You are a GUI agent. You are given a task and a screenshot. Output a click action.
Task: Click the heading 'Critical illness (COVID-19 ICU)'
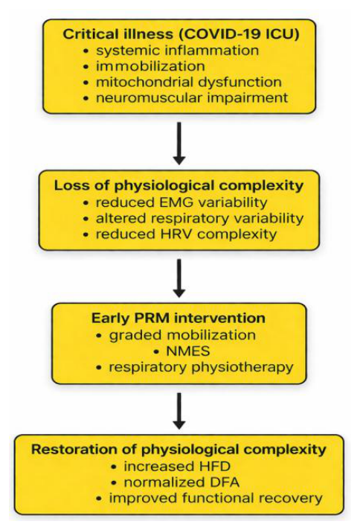point(181,34)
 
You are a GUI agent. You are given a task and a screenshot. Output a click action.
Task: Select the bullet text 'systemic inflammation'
point(177,51)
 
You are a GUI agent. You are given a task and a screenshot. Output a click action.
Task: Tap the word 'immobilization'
point(150,66)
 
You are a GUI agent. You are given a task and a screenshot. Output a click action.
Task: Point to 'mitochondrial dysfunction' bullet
point(188,82)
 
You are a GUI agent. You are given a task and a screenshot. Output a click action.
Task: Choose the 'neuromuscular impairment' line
point(192,98)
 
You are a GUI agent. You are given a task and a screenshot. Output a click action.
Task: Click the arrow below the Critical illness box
point(179,144)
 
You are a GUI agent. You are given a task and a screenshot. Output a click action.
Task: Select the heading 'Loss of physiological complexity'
point(179,185)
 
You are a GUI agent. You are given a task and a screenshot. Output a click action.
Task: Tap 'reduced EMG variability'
point(181,202)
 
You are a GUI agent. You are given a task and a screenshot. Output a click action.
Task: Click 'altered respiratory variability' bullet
point(199,218)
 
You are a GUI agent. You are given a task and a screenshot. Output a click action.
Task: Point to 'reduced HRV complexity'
point(186,234)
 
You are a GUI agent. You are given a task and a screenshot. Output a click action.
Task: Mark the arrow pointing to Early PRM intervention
point(179,278)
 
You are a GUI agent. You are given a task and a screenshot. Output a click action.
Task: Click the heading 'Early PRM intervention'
point(179,318)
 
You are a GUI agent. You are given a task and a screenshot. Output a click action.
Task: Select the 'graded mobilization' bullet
point(182,335)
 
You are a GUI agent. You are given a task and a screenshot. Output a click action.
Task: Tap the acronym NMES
point(188,351)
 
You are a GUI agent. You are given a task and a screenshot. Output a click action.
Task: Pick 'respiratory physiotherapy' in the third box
point(201,368)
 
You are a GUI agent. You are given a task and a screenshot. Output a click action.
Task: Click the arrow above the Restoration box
point(179,411)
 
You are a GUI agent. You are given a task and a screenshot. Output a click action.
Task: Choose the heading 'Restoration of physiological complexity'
point(179,450)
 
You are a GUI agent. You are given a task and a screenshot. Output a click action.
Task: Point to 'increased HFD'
point(177,467)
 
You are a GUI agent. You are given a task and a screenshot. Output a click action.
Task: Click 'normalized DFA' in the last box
point(181,482)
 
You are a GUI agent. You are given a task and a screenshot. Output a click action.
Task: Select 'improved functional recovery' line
point(216,498)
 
